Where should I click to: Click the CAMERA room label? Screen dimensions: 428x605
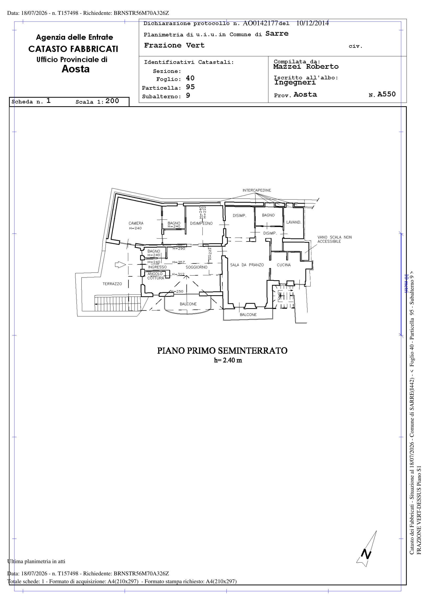[136, 223]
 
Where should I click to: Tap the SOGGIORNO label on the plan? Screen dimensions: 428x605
[197, 267]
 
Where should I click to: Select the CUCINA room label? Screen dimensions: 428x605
[283, 265]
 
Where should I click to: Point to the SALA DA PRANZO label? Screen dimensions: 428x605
[247, 265]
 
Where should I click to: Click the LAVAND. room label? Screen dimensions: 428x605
[293, 222]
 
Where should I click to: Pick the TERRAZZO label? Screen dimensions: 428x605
[112, 284]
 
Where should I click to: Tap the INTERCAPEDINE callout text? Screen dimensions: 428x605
[257, 190]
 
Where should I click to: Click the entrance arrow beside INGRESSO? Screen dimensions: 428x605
[120, 265]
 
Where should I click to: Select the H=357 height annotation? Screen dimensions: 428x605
[179, 262]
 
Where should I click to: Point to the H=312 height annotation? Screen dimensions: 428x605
[178, 274]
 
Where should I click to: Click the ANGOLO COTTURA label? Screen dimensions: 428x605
[155, 276]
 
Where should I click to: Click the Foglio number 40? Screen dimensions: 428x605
[190, 78]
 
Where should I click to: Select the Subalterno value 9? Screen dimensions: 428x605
[188, 95]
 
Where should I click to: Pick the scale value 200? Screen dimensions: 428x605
[112, 101]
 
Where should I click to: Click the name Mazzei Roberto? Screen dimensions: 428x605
[306, 67]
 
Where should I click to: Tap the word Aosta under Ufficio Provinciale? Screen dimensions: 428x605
[76, 69]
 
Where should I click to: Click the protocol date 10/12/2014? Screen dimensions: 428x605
[312, 23]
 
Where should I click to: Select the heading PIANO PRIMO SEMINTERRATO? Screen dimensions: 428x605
[222, 351]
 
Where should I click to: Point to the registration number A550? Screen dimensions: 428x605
[386, 94]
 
